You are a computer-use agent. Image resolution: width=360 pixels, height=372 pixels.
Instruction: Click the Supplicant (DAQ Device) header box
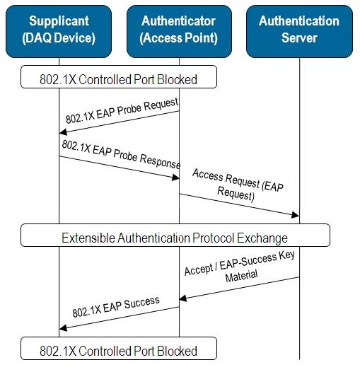click(59, 32)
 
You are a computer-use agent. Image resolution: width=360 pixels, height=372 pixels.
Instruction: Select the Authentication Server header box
click(299, 32)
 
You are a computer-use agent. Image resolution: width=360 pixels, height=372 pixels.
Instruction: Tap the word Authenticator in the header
click(178, 21)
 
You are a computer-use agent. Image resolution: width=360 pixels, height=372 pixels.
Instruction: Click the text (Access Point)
click(178, 38)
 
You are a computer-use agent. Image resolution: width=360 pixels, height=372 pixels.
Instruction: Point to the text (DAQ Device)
click(59, 38)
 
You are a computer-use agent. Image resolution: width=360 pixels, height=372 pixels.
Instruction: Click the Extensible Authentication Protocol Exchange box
click(175, 235)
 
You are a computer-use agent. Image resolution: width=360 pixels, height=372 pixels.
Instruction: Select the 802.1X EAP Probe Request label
click(122, 110)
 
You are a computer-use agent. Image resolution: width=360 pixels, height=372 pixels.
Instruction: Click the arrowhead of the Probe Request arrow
click(63, 132)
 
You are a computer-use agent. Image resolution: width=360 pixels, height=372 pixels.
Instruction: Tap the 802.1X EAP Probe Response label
click(121, 154)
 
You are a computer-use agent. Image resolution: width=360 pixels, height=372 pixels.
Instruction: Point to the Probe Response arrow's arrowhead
click(175, 178)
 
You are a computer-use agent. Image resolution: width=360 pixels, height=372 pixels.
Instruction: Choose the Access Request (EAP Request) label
click(238, 185)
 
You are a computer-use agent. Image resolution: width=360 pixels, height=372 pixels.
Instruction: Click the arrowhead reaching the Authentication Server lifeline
click(295, 215)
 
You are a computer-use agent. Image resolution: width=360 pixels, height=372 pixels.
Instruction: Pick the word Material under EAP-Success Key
click(241, 275)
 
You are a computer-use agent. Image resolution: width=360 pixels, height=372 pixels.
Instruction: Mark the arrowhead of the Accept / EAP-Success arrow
click(183, 298)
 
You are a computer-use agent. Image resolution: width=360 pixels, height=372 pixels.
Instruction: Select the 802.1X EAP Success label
click(116, 307)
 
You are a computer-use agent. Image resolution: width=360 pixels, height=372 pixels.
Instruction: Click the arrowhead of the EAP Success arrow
click(63, 328)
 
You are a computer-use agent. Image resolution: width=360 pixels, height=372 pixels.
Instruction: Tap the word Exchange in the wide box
click(262, 238)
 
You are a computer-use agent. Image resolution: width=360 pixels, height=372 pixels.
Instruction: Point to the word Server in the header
click(299, 38)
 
